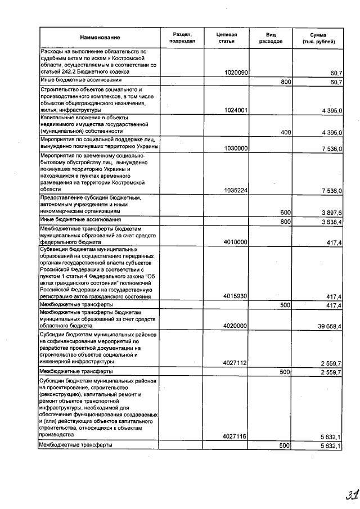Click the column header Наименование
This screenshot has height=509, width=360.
click(x=100, y=37)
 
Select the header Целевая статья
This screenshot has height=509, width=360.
click(x=226, y=38)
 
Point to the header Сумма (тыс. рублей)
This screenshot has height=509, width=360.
click(x=318, y=38)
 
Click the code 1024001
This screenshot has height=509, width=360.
click(x=236, y=111)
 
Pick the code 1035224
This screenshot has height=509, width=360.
click(x=236, y=191)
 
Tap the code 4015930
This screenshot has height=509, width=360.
click(x=236, y=296)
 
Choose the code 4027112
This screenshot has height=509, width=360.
click(x=236, y=363)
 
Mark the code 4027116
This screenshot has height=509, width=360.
click(x=236, y=436)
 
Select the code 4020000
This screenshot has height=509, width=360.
click(x=236, y=326)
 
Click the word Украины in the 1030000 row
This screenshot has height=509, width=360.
click(x=145, y=147)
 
